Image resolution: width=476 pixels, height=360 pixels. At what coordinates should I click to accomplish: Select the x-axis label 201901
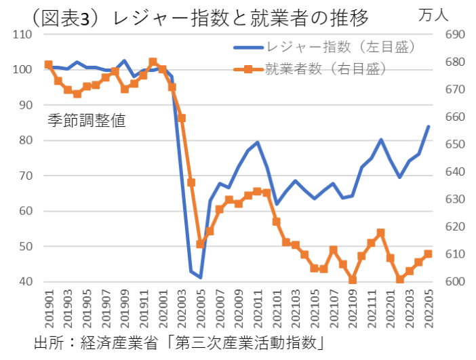pyautogui.click(x=48, y=308)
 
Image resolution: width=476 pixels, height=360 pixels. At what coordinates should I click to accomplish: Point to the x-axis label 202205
pyautogui.click(x=429, y=308)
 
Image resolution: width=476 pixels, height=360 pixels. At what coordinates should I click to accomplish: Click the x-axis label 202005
pyautogui.click(x=201, y=308)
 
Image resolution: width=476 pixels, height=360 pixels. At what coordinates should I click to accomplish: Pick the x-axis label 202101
pyautogui.click(x=277, y=308)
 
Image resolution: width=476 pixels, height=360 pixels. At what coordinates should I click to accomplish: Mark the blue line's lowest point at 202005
pyautogui.click(x=201, y=277)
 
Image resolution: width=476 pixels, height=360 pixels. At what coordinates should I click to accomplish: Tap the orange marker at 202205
pyautogui.click(x=429, y=254)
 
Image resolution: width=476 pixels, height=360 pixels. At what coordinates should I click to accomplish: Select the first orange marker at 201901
pyautogui.click(x=48, y=64)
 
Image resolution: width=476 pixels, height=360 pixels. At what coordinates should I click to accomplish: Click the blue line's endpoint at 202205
pyautogui.click(x=429, y=126)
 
